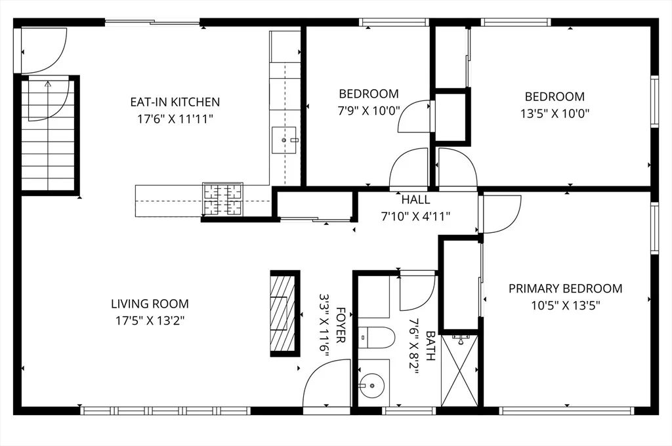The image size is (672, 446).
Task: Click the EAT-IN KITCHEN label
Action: click(x=175, y=102)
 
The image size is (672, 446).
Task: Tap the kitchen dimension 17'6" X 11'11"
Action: click(x=175, y=119)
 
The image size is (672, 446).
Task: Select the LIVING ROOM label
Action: click(x=150, y=304)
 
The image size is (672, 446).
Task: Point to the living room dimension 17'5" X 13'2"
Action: click(x=150, y=321)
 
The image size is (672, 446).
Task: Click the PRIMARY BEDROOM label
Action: click(x=565, y=289)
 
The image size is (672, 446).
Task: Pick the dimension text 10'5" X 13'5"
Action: click(x=565, y=306)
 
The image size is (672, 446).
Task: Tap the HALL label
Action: click(x=415, y=199)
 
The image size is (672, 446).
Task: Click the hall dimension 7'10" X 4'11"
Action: click(x=415, y=216)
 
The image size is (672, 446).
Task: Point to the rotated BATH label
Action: click(x=430, y=345)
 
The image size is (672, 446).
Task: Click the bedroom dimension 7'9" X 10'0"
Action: click(x=369, y=111)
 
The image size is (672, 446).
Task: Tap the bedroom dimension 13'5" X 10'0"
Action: click(x=555, y=113)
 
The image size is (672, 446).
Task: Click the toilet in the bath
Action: click(x=376, y=338)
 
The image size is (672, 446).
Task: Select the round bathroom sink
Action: click(x=372, y=385)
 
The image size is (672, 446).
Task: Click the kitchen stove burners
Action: click(x=222, y=199)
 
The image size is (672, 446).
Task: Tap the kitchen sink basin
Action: click(x=283, y=140)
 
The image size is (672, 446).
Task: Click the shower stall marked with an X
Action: click(x=459, y=371)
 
